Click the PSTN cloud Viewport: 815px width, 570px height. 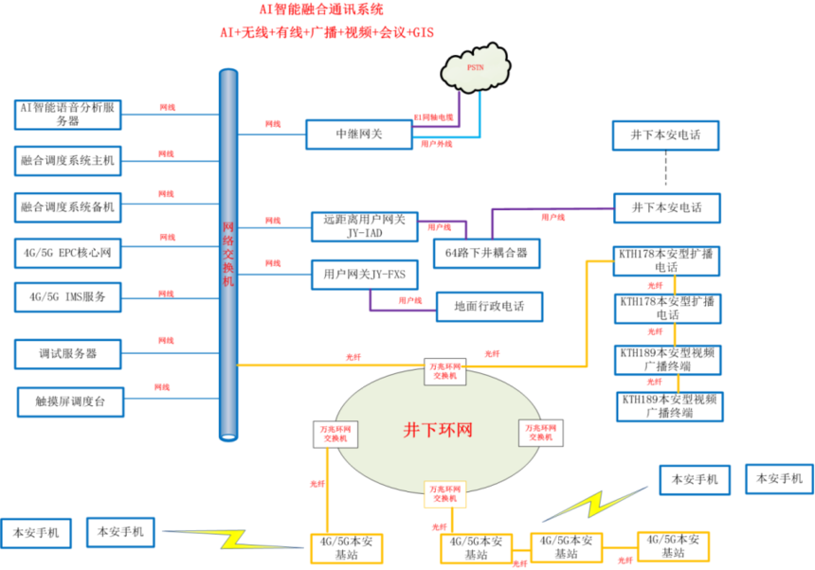point(476,69)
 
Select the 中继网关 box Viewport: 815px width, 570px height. point(360,134)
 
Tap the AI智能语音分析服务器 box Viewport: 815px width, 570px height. point(68,114)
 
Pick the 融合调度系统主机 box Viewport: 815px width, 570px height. point(67,161)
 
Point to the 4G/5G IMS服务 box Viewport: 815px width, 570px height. point(67,296)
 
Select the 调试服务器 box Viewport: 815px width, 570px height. point(67,354)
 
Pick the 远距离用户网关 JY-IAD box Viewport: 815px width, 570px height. point(364,226)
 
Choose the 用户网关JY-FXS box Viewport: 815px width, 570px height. point(364,276)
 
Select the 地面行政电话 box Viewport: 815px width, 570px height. point(489,306)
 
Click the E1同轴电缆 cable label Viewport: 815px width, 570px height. point(434,117)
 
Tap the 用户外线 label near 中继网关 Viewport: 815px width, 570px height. point(436,144)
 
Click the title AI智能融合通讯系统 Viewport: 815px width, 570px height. point(322,10)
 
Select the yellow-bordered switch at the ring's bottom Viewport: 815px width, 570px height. point(444,492)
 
